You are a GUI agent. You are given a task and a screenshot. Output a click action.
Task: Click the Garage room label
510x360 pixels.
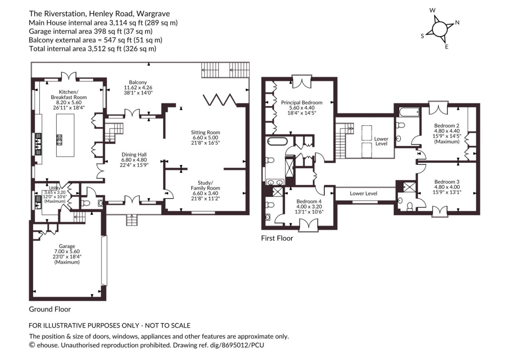point(67,246)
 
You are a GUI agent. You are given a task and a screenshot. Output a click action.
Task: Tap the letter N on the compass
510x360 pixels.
point(457,22)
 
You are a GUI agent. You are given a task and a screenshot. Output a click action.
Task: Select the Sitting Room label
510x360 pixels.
point(205,132)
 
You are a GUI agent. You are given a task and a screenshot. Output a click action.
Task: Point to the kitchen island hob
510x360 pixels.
point(59,140)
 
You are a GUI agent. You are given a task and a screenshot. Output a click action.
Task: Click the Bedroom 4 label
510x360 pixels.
point(309,201)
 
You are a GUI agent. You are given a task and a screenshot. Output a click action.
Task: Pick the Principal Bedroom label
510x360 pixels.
point(302,102)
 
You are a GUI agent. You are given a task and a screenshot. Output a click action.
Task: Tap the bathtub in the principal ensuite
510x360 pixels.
point(277,141)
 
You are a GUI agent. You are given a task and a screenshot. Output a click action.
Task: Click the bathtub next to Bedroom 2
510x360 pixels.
point(409,112)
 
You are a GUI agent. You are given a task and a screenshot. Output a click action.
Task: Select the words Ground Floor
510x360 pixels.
point(50,309)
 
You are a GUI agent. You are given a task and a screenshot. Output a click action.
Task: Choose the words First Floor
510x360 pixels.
point(277,238)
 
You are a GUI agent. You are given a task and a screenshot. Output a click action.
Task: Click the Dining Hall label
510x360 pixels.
point(134,154)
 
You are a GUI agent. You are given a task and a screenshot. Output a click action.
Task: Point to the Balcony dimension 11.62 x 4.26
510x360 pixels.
point(138,87)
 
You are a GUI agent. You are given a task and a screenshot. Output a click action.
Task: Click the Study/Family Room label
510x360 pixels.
point(205,186)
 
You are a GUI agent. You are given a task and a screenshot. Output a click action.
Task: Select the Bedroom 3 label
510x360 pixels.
point(447,182)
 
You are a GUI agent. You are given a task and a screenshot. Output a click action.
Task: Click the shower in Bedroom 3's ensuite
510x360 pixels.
point(409,187)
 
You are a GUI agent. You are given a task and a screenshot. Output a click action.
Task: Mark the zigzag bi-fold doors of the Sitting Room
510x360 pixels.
point(220,100)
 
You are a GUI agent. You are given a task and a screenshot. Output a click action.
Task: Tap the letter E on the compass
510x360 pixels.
point(447,47)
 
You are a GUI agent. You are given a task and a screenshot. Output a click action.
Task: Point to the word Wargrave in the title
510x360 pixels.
point(153,14)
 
